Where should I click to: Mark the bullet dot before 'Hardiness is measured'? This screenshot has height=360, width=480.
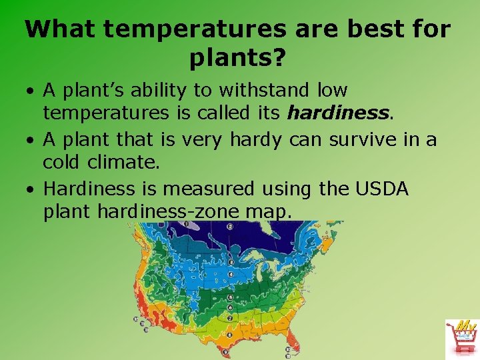[x=31, y=190]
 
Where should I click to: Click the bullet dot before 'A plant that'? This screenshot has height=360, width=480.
[x=31, y=140]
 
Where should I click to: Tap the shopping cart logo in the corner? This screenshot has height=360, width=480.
[x=461, y=339]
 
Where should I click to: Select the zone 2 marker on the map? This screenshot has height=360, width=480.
[x=230, y=227]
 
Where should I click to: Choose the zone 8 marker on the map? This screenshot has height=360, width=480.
[x=230, y=335]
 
